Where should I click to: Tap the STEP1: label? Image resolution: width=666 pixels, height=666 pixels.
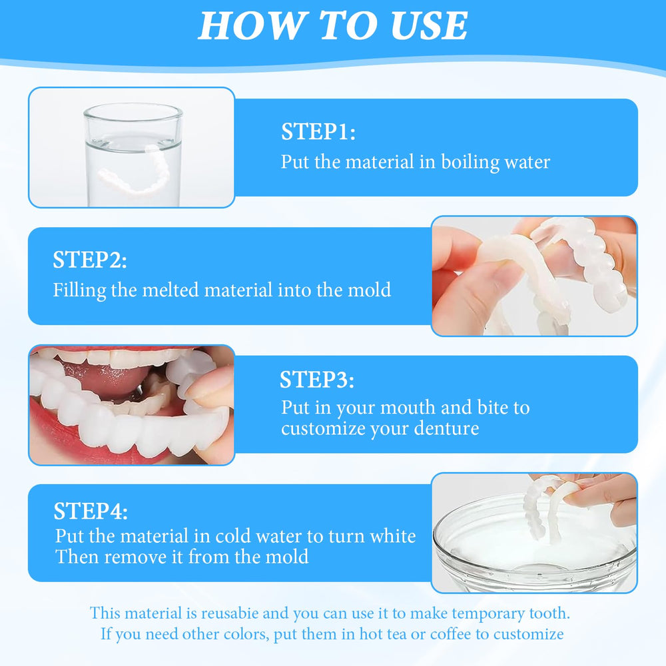(x=318, y=132)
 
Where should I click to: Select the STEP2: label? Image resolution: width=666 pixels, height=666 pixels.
(x=89, y=260)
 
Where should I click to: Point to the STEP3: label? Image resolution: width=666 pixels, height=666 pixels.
(x=316, y=380)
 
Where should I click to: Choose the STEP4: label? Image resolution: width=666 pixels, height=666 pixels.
(x=91, y=511)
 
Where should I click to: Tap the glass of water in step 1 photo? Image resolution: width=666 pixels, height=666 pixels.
(x=133, y=150)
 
